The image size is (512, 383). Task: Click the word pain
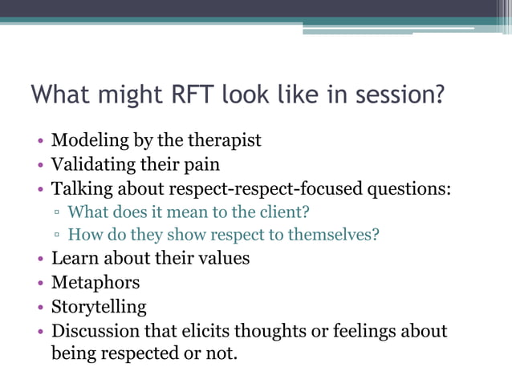(201, 165)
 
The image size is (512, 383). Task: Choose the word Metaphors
(95, 283)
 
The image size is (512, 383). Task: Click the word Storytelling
(99, 307)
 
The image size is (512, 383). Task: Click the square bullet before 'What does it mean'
(58, 214)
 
